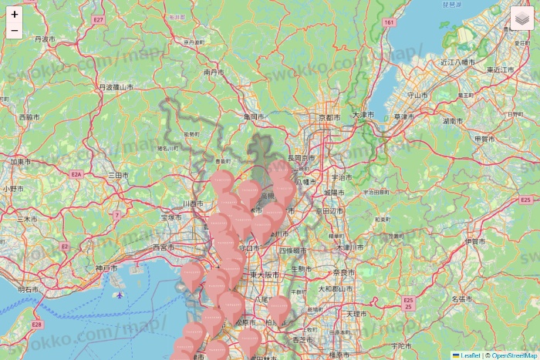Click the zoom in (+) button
(x=15, y=15)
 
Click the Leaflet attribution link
(x=470, y=355)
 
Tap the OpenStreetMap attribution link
(x=515, y=355)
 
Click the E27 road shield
(x=97, y=19)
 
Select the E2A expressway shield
(x=76, y=175)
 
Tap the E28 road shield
(x=36, y=325)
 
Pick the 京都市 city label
(x=329, y=117)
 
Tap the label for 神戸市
(x=106, y=268)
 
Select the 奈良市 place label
(x=342, y=273)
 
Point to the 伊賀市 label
(x=475, y=241)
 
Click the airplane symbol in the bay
(x=118, y=294)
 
